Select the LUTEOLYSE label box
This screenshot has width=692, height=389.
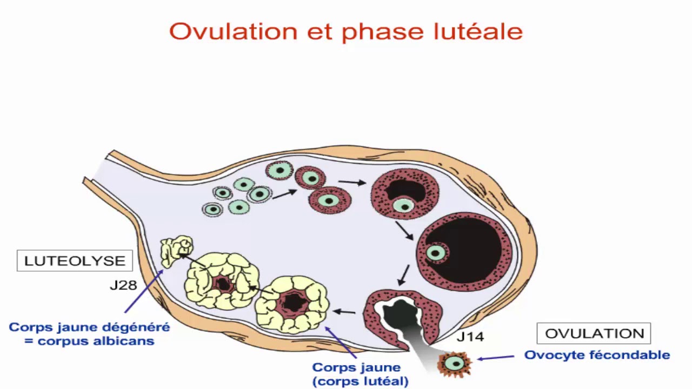point(75,260)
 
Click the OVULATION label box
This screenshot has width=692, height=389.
point(594,333)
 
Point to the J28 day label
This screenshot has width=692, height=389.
point(123,285)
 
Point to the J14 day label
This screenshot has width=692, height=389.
point(470,337)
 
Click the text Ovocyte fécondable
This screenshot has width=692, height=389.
point(597,355)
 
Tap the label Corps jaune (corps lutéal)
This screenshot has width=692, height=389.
point(357,374)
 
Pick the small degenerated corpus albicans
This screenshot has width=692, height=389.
point(177,251)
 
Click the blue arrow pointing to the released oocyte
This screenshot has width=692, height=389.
point(495,357)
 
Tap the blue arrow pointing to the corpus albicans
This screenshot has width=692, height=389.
point(143,292)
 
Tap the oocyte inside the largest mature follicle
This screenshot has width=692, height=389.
point(435,252)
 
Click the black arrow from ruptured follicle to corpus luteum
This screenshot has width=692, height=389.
point(344,311)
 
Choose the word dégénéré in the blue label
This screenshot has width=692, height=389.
point(143,327)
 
